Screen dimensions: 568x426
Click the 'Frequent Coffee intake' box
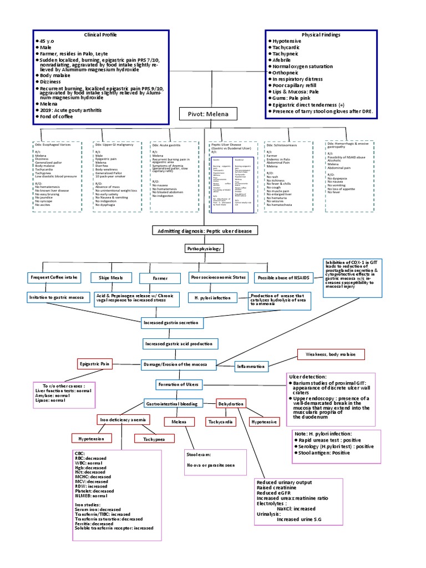pos(54,277)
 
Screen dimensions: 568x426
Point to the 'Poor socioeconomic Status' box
pos(217,277)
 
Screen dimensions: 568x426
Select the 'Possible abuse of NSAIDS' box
pos(283,277)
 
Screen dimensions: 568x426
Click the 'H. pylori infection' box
pos(212,298)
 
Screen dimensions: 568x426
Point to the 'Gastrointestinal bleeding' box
pos(171,404)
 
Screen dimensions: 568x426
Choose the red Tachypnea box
pos(151,439)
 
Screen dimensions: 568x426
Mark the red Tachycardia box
pos(220,422)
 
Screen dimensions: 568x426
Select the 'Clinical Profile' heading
pos(101,34)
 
